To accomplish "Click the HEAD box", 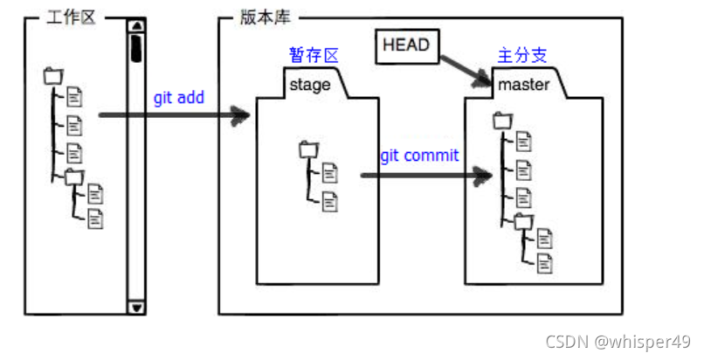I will (406, 45).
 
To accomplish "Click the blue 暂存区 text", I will (314, 55).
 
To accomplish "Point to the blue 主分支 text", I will (521, 55).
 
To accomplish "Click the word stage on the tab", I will (309, 85).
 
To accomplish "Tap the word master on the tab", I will (523, 85).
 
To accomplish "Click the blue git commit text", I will (419, 156).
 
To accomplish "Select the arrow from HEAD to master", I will (463, 69).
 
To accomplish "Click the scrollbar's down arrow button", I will (137, 307).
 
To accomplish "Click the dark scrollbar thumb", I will (137, 47).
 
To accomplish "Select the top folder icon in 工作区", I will (53, 76).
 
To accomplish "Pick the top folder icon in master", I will (502, 121).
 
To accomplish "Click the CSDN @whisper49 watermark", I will (619, 341).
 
